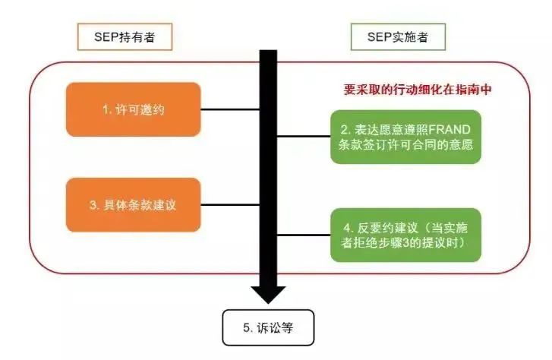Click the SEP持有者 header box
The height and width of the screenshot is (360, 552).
pos(125,36)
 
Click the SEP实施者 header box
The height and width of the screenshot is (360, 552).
pos(397,36)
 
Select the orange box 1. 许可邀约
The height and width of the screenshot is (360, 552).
pos(134,109)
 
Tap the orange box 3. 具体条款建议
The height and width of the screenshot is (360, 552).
pos(134,204)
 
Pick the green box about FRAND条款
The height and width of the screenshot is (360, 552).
pos(406,137)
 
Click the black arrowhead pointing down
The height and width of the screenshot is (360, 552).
pos(267,293)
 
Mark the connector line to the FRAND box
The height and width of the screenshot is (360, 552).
pos(304,137)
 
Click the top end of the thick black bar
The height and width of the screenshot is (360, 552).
pos(267,52)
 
